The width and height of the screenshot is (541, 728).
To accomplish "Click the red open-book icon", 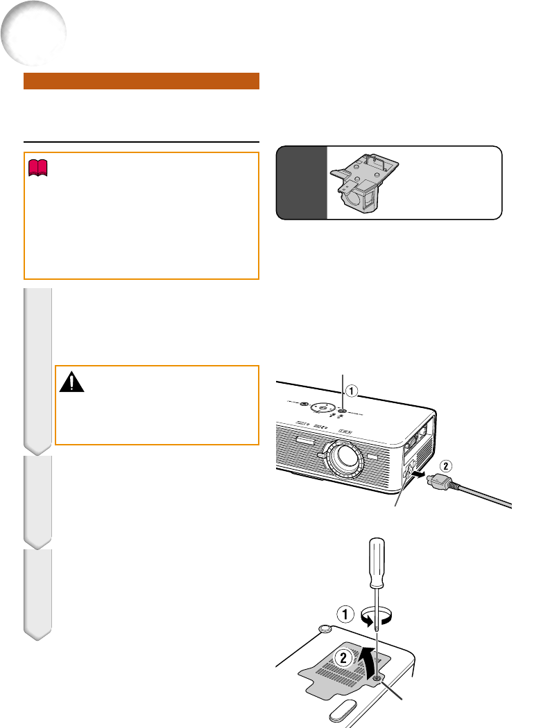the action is [x=36, y=166].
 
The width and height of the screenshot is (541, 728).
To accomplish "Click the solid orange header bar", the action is [x=141, y=81].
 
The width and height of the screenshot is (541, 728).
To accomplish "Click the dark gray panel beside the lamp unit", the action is [x=302, y=183].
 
